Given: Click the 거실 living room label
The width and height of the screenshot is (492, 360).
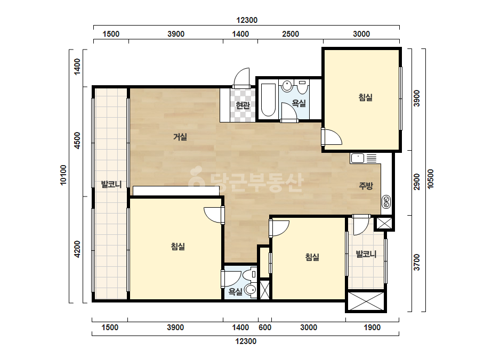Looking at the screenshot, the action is (180, 137).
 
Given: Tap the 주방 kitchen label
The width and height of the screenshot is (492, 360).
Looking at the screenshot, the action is (366, 186).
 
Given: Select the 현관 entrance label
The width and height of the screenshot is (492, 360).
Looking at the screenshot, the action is (243, 105).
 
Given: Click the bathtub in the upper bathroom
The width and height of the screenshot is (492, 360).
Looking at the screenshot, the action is (268, 100).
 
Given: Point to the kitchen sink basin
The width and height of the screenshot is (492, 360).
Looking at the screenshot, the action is (357, 158).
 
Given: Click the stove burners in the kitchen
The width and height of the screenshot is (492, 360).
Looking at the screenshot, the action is (386, 202).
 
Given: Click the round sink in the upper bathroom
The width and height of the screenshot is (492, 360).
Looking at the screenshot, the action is (287, 85).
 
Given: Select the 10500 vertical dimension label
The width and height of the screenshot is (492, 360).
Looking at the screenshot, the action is (431, 179).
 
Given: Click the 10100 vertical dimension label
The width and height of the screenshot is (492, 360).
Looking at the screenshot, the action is (63, 175).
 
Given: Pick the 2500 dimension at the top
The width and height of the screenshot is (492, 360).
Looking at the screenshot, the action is (291, 34).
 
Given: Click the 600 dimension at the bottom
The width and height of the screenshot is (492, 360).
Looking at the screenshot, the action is (265, 328).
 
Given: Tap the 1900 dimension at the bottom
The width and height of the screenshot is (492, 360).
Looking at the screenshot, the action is (372, 328).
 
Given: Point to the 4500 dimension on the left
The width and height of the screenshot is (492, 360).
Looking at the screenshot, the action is (77, 141).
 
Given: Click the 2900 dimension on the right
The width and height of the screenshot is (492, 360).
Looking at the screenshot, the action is (417, 182).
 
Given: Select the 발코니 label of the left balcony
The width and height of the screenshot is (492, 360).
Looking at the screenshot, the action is (111, 184).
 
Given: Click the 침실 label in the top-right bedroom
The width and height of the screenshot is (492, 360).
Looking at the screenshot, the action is (366, 97).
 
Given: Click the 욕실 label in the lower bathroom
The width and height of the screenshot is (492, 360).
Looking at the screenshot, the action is (235, 292).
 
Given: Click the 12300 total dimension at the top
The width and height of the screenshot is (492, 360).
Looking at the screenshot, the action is (247, 20).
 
